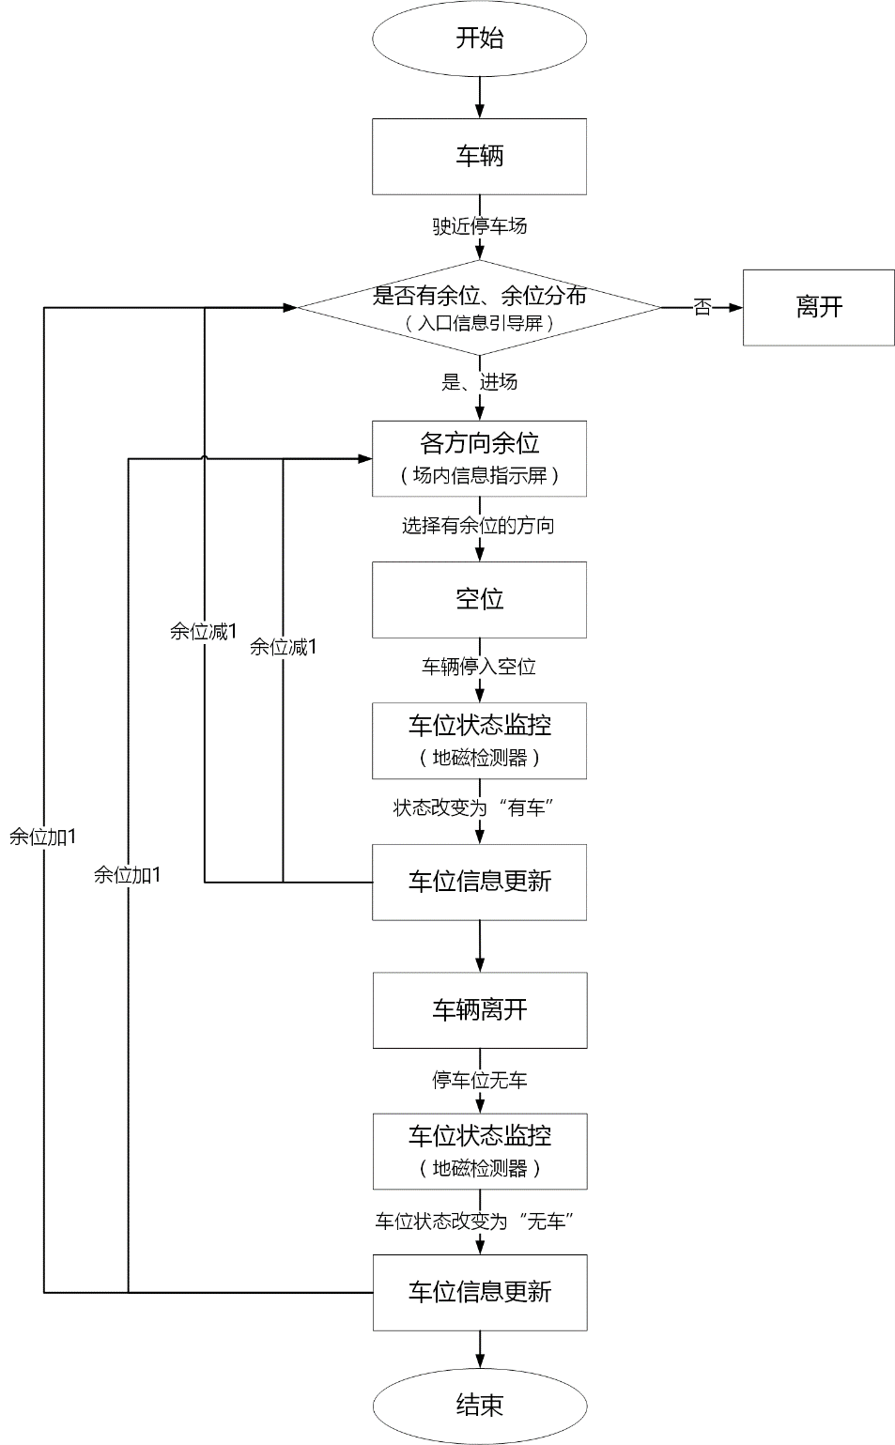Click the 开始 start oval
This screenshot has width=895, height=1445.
coord(479,38)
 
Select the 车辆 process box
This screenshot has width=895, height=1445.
coord(479,156)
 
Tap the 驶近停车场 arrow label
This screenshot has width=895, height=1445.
coord(479,226)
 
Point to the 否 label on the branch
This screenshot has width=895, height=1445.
coord(702,307)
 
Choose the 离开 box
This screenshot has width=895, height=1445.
coord(818,307)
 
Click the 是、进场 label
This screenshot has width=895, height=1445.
coord(479,382)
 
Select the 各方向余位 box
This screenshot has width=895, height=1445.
coord(479,458)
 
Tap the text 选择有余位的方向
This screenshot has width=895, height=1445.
coord(478,526)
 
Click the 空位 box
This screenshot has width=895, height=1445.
coord(479,599)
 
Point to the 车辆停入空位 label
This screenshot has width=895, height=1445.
coord(479,667)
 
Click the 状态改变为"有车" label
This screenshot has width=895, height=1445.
coord(473,807)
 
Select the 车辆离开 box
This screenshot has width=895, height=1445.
coord(479,1010)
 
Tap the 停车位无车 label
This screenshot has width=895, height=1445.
coord(479,1080)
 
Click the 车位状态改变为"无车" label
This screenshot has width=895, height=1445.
coord(474,1221)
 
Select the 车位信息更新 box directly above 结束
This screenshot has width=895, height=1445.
coord(479,1292)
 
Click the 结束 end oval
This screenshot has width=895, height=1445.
coord(479,1405)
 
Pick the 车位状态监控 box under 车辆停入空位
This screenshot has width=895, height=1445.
coord(479,741)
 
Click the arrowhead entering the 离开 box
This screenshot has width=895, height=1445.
coord(735,307)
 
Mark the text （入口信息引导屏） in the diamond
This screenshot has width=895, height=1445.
coord(479,323)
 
